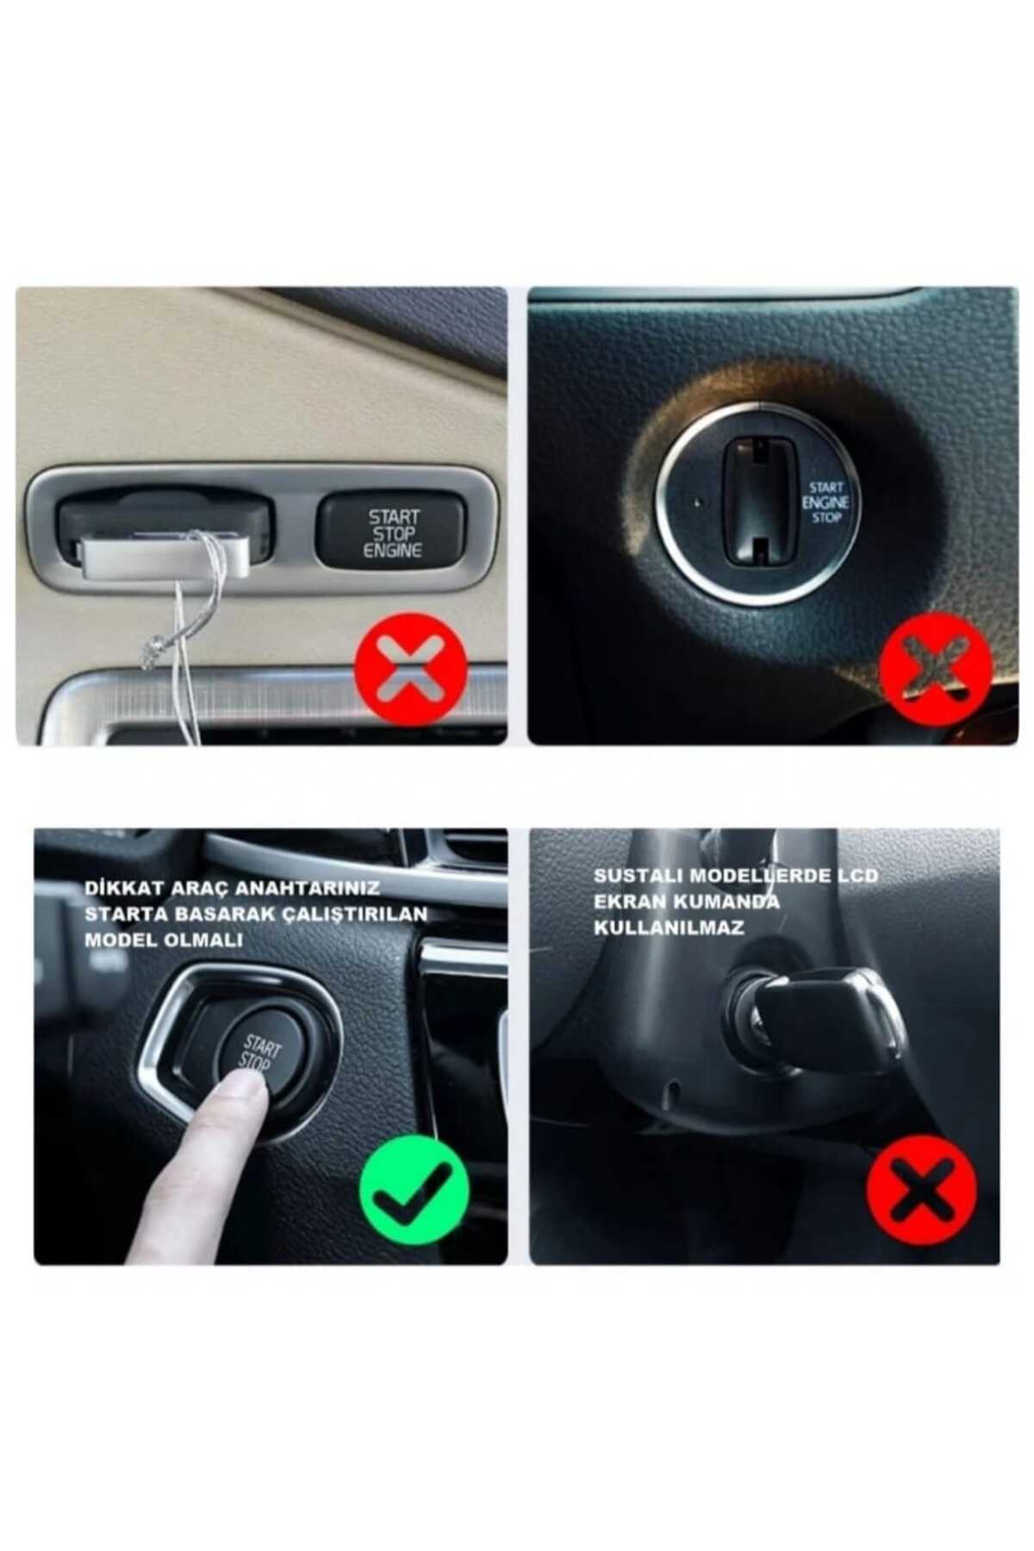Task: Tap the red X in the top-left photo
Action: [411, 669]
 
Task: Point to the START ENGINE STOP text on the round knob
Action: [825, 502]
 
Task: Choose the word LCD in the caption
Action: [857, 875]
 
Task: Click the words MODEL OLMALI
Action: [164, 940]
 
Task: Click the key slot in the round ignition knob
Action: [758, 501]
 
